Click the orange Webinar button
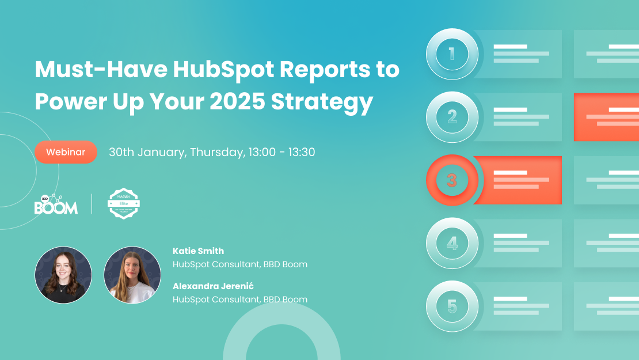point(66,152)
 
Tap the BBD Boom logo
point(56,204)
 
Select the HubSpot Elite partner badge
point(125,204)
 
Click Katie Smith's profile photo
point(63,275)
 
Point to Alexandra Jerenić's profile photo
point(132,275)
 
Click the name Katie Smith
point(198,251)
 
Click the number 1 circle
point(452,54)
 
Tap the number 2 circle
point(452,118)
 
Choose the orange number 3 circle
point(452,180)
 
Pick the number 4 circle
point(452,244)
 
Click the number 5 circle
point(452,306)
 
